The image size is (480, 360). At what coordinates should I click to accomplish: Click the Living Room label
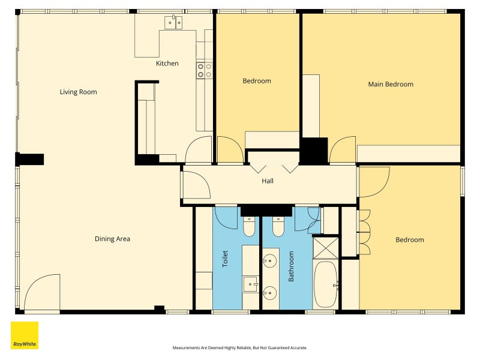(x=79, y=92)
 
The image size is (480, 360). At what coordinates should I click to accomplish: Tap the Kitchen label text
(x=167, y=64)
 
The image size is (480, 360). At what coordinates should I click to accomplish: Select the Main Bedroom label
(x=391, y=84)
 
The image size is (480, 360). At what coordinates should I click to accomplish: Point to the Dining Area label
(x=112, y=239)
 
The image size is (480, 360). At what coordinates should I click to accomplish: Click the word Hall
(x=268, y=181)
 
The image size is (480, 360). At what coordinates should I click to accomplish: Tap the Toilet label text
(x=225, y=259)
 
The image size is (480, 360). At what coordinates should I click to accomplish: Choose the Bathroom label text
(x=291, y=266)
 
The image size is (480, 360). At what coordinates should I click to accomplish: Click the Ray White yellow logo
(x=25, y=335)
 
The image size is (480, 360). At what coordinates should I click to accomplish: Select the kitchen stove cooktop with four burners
(x=205, y=70)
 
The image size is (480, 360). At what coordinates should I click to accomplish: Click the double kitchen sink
(x=173, y=23)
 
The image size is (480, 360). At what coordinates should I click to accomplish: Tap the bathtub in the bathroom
(x=325, y=284)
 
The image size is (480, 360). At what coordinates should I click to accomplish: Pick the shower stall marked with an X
(x=326, y=248)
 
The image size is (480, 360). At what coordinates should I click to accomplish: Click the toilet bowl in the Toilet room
(x=249, y=227)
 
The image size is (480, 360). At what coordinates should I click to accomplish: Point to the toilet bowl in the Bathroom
(x=278, y=227)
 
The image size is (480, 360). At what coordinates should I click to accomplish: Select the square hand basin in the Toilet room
(x=251, y=284)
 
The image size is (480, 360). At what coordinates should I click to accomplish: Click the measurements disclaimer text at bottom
(x=240, y=348)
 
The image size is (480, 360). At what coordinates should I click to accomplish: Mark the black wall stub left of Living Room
(x=29, y=159)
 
